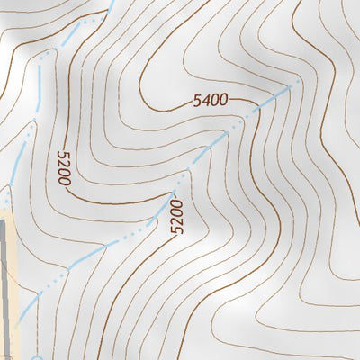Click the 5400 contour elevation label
coord(210,101)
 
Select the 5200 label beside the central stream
coord(175,217)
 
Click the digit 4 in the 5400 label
coord(206,102)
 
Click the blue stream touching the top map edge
coord(110,4)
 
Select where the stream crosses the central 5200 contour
coord(174,192)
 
